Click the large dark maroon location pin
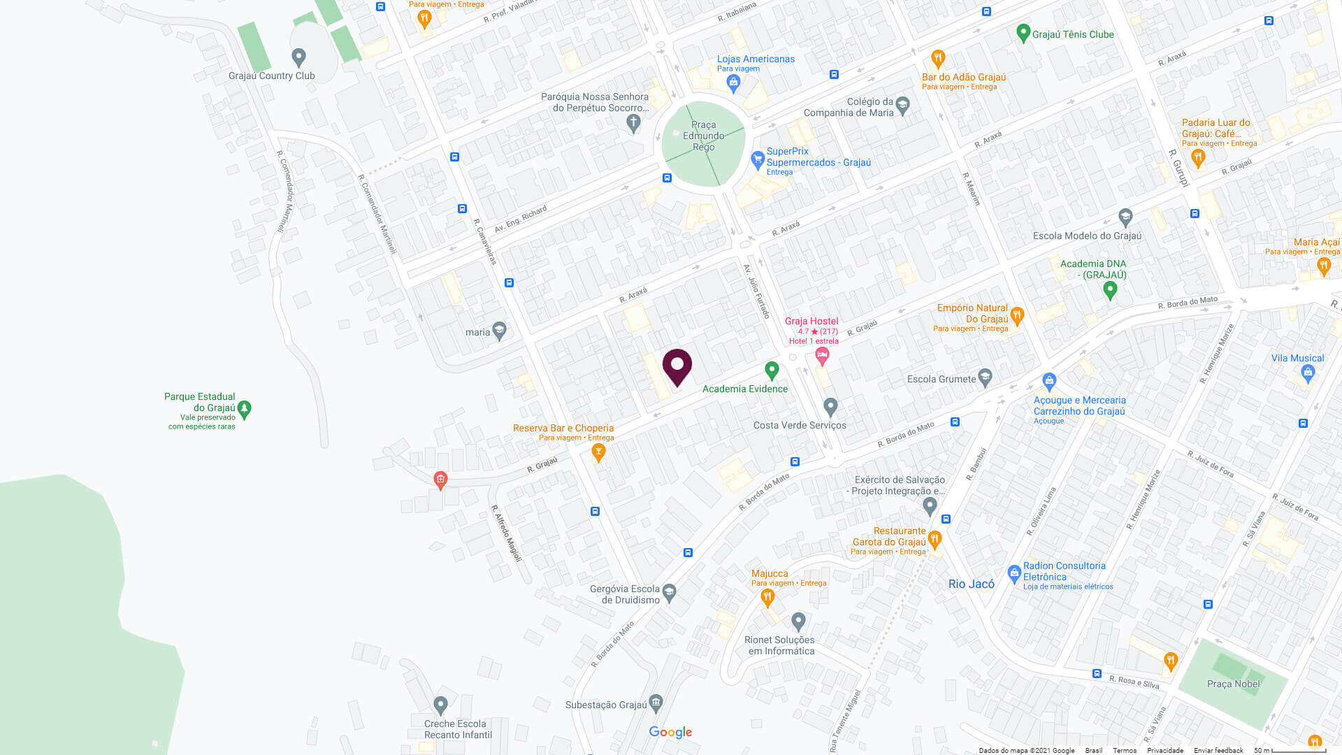pos(677,366)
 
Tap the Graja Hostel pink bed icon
pos(822,356)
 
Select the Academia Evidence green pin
pos(772,369)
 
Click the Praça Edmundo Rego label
pos(703,136)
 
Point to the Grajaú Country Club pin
pos(298,56)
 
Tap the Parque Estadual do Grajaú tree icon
pos(244,408)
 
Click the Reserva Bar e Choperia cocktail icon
pos(598,452)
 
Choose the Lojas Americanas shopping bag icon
pos(733,83)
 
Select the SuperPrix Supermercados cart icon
pos(757,159)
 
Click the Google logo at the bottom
pos(670,732)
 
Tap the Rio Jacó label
pos(971,584)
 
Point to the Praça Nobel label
pos(1233,684)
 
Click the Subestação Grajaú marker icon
pos(656,702)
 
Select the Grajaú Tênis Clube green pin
pos(1023,32)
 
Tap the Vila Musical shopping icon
pos(1308,373)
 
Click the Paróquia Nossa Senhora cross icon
pos(633,123)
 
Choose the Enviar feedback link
pos(1218,750)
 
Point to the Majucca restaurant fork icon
pos(767,596)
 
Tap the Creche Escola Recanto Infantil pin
pos(440,704)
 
